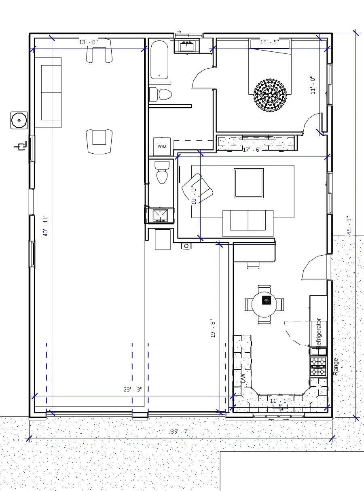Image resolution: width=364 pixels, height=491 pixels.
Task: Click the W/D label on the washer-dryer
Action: pos(162,146)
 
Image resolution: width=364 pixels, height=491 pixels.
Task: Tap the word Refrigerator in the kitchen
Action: pos(319,334)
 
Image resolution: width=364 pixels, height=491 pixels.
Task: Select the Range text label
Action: pos(336,366)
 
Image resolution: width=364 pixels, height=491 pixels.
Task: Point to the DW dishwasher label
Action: pos(243,378)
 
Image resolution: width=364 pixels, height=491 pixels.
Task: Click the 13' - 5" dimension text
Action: pos(270,42)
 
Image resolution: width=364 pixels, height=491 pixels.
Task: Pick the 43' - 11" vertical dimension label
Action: pos(46,226)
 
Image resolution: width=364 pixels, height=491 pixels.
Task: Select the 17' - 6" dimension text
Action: pos(252,150)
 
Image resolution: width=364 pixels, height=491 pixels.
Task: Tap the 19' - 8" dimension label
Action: pos(213,328)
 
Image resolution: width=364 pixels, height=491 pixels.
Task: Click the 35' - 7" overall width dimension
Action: pos(180,432)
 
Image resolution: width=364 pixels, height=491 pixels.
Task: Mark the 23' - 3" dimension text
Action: pos(133,389)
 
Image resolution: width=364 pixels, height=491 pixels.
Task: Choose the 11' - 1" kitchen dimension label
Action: pos(279,400)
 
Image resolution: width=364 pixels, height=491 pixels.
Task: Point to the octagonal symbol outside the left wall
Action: pos(19,120)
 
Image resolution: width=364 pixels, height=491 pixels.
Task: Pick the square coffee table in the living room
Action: pos(249,183)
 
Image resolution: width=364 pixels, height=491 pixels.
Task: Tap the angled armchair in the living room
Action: pos(197,188)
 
